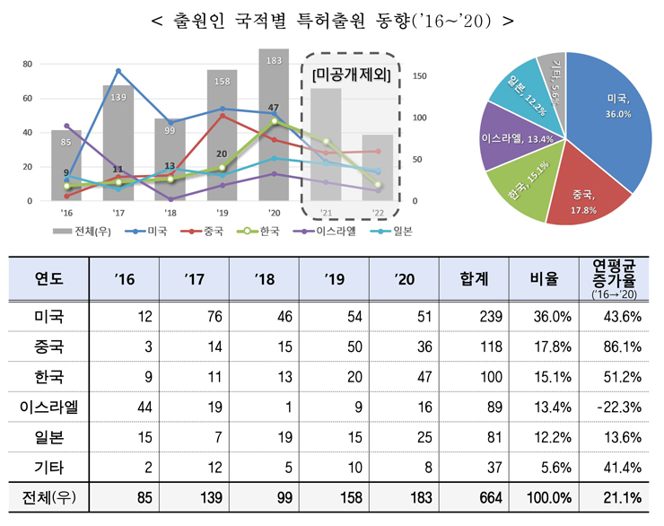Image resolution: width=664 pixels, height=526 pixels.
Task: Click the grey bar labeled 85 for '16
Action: (67, 166)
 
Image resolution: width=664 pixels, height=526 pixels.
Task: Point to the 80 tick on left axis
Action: (28, 64)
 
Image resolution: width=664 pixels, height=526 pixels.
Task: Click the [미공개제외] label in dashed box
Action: (351, 75)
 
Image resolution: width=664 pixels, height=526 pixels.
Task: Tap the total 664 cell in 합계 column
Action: (471, 494)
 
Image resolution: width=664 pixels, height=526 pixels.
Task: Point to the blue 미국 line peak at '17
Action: (118, 71)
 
